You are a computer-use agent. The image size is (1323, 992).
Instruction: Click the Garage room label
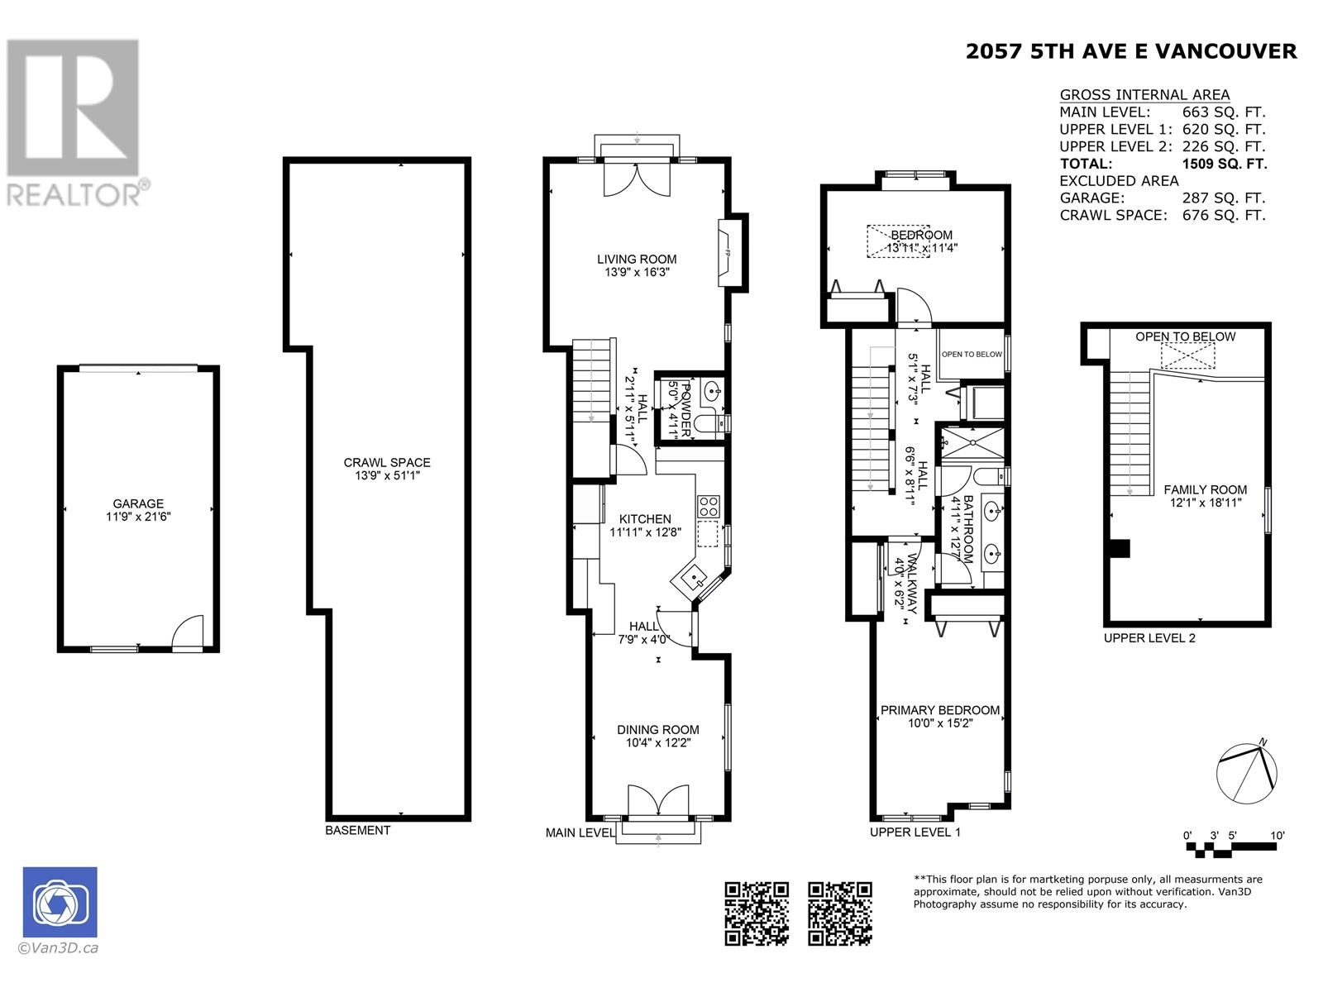coord(138,503)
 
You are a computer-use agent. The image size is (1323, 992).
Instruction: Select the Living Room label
coord(637,259)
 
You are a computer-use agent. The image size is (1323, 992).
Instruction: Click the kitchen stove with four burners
coord(709,505)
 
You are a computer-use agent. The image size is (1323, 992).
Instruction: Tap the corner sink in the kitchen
coord(692,575)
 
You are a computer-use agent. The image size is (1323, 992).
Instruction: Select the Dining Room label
coord(657,729)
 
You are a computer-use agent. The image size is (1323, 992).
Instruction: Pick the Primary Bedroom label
coord(939,709)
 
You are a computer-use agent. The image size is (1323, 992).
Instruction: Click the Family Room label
coord(1205,489)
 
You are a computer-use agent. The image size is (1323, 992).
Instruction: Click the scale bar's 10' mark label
coord(1277,835)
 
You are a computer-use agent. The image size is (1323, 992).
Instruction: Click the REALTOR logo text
coord(74,194)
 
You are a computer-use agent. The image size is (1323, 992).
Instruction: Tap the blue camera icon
coord(60,902)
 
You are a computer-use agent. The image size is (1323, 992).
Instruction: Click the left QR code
coord(756,913)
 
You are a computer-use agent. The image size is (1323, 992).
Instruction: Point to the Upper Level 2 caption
coord(1149,637)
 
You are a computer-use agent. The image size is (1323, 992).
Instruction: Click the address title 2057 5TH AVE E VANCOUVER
coord(1131,51)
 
